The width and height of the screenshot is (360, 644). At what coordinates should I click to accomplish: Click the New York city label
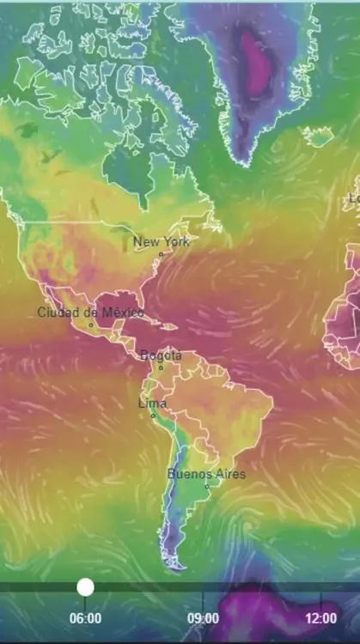[x=162, y=242]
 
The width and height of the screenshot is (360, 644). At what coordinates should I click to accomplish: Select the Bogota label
[x=161, y=355]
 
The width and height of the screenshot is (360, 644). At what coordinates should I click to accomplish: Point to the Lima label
[x=153, y=404]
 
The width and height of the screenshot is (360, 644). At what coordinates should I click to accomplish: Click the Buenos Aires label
[x=206, y=474]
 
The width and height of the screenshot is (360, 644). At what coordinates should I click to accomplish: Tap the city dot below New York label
[x=161, y=254]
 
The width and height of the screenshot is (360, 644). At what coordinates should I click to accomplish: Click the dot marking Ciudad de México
[x=91, y=325]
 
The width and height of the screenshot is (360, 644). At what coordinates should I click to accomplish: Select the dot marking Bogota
[x=160, y=368]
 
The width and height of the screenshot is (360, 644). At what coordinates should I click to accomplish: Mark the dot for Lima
[x=154, y=416]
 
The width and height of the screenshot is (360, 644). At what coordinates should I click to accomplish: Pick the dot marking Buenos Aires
[x=207, y=486]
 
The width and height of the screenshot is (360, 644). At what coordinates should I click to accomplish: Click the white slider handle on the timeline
[x=85, y=587]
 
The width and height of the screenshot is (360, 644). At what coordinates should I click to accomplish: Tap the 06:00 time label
[x=85, y=617]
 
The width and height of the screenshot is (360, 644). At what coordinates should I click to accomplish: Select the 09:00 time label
[x=203, y=617]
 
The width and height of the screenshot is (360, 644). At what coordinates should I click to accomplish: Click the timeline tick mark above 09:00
[x=203, y=598]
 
